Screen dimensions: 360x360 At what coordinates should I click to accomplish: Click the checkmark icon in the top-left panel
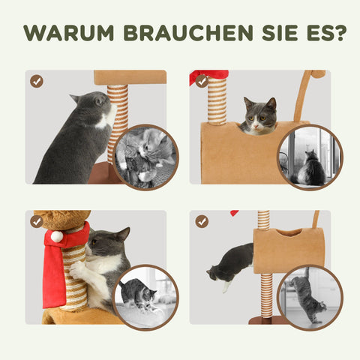click(36, 81)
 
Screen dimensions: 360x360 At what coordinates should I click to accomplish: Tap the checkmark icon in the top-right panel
click(201, 81)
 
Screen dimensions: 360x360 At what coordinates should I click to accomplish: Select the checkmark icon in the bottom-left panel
click(36, 221)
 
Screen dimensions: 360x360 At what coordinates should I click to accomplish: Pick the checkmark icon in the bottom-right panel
click(201, 221)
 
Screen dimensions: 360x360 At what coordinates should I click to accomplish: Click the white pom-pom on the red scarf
click(55, 236)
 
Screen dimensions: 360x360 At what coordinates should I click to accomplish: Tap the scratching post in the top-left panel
click(118, 120)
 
